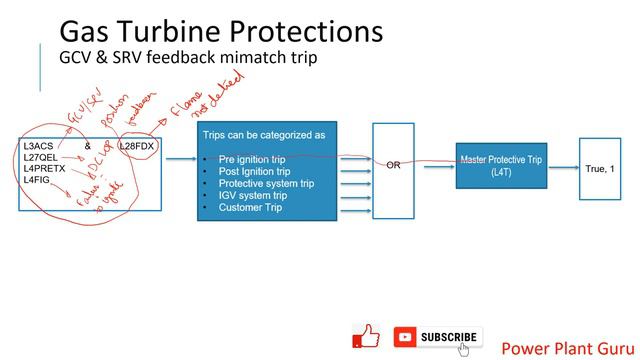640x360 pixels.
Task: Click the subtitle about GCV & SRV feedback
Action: click(188, 57)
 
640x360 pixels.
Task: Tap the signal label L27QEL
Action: click(42, 158)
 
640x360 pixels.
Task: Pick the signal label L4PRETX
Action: click(45, 169)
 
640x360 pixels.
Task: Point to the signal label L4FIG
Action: click(37, 180)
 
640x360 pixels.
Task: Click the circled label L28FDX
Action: click(138, 147)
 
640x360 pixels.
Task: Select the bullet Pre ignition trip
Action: click(254, 159)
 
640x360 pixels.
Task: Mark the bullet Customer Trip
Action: click(250, 207)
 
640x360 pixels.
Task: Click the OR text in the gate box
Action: click(393, 165)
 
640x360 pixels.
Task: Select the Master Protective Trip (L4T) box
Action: click(501, 166)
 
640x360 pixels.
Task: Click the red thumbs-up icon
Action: click(367, 336)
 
